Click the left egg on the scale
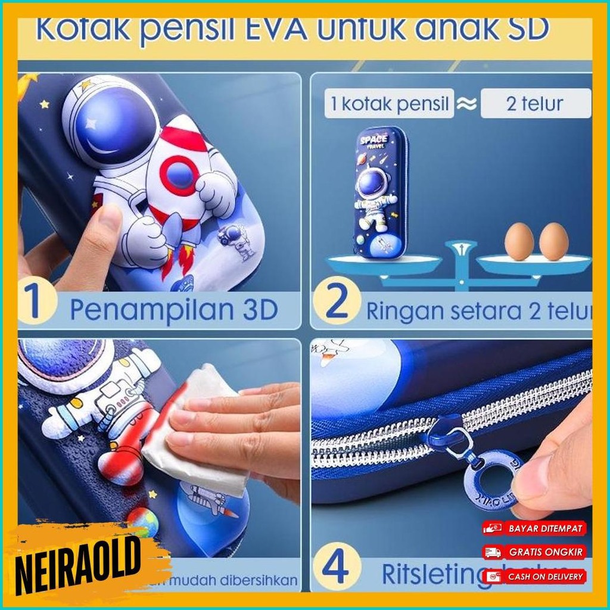point(519,241)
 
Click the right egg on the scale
point(553,241)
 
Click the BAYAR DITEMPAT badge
point(534,528)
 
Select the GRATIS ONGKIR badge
point(534,552)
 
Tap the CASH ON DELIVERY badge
point(534,576)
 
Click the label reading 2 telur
point(534,104)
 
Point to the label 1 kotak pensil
point(389,104)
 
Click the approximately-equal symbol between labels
point(467,104)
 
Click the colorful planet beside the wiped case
point(142,521)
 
